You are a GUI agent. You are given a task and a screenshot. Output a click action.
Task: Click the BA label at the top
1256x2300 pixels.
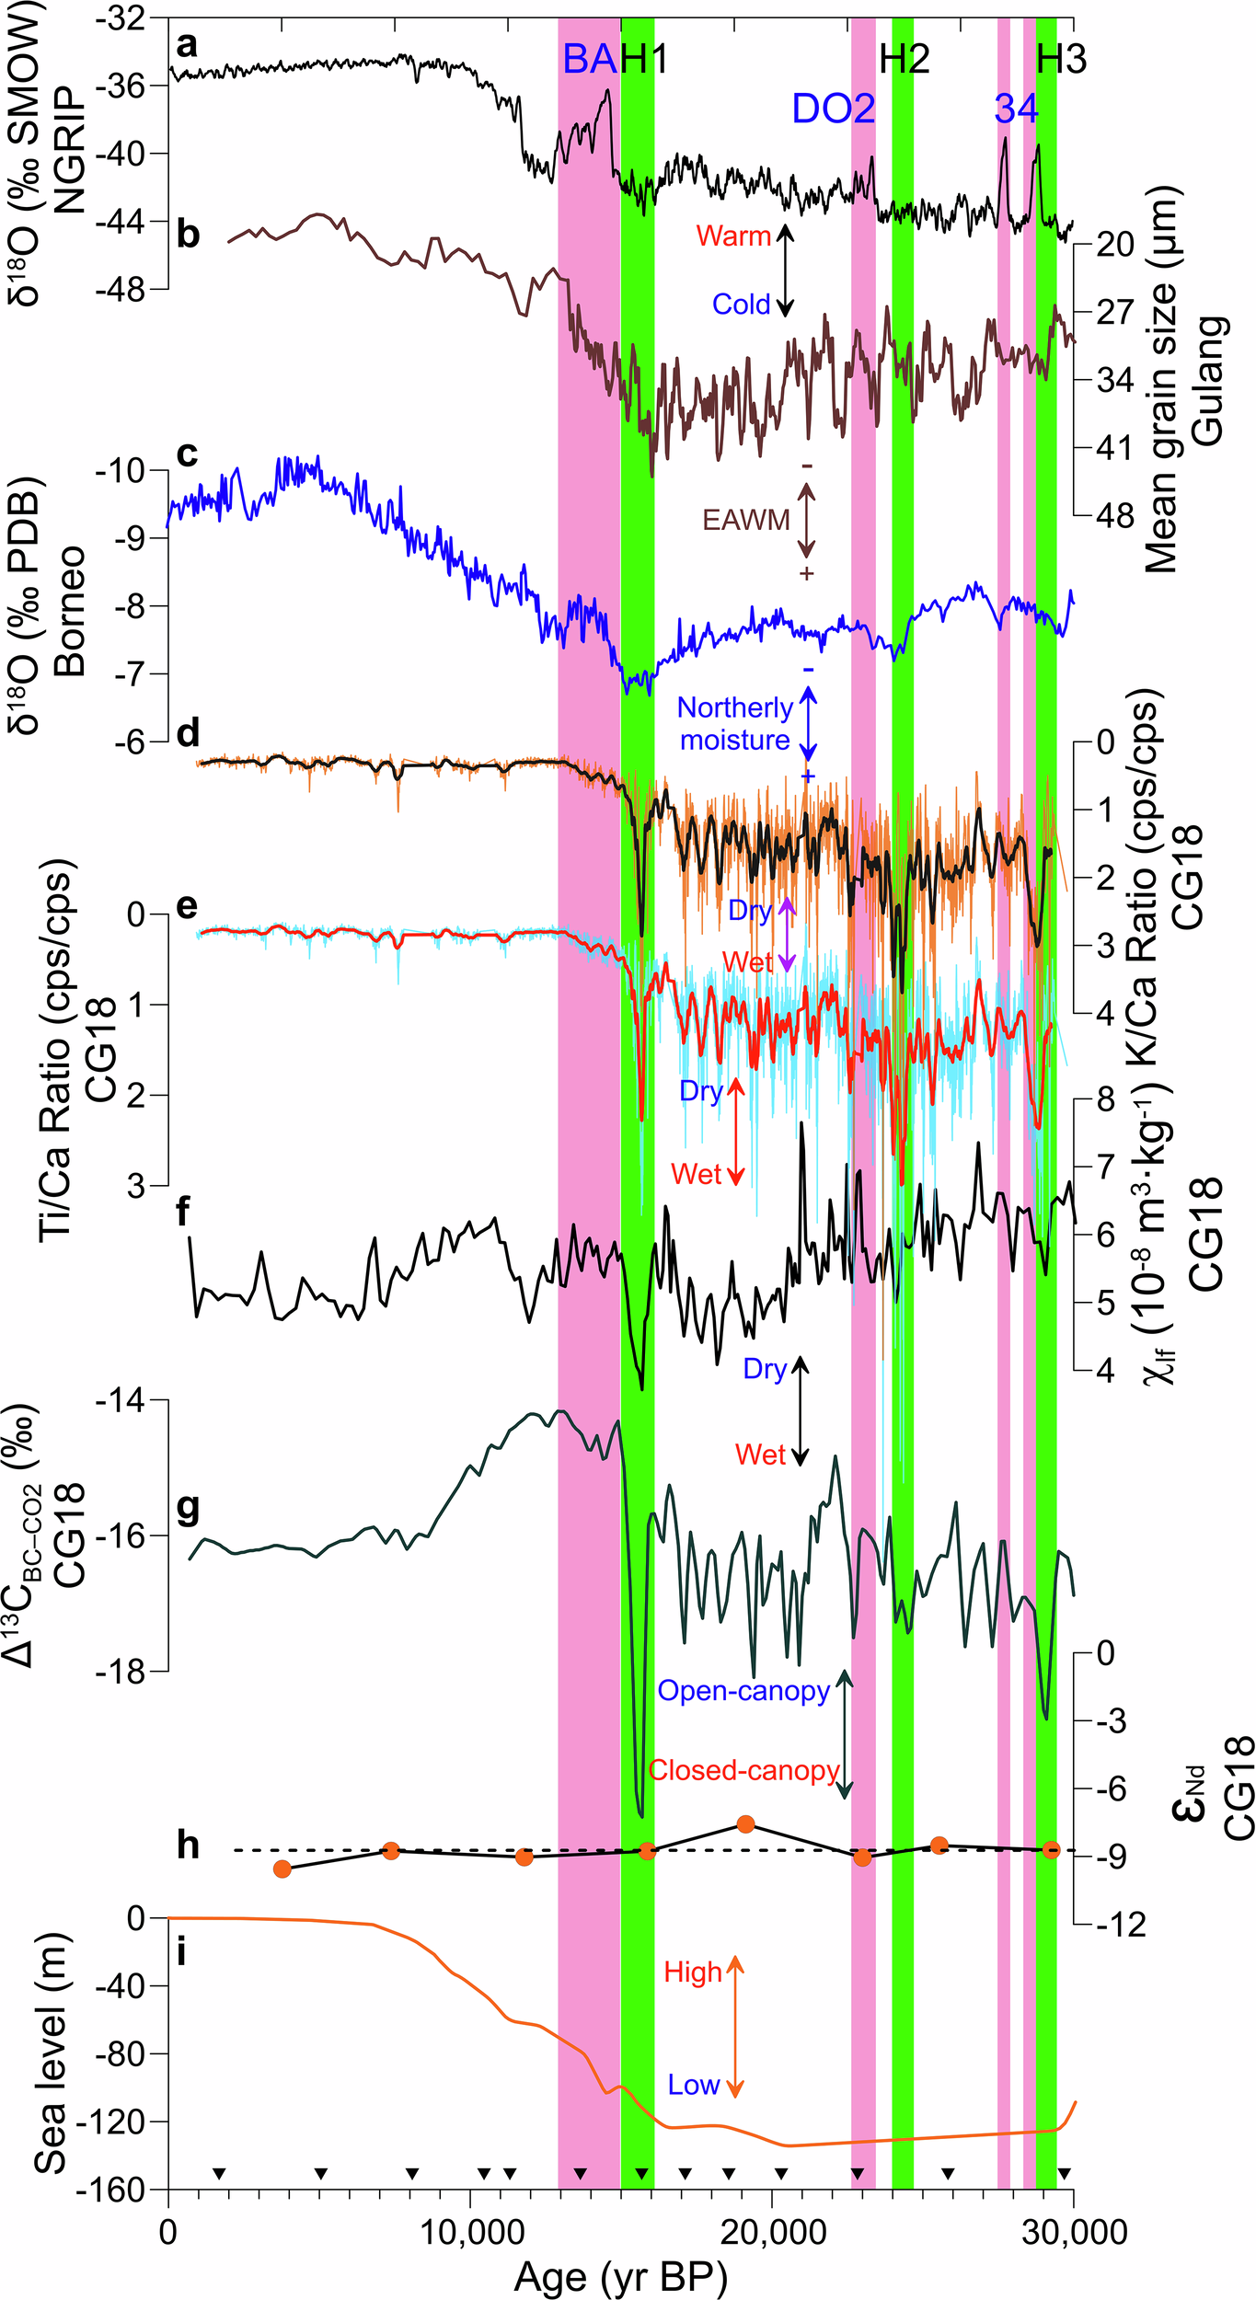coord(589,60)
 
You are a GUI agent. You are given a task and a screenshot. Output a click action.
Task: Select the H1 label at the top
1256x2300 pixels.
coord(644,60)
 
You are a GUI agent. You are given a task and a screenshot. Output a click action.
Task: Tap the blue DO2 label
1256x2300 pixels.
coord(833,109)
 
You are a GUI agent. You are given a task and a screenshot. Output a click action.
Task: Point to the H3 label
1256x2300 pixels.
coord(1062,60)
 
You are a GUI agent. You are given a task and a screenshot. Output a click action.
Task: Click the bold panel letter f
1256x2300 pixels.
coord(183,1212)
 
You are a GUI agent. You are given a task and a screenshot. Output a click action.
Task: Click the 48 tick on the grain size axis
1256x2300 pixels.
coord(1113,516)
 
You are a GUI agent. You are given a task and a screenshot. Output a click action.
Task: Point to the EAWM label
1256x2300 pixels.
coord(746,521)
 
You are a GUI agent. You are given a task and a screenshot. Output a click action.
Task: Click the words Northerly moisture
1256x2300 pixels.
coord(734,724)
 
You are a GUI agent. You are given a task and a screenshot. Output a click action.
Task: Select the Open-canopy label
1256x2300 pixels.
coord(743,1691)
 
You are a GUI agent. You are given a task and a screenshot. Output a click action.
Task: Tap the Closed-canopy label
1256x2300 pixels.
coord(743,1770)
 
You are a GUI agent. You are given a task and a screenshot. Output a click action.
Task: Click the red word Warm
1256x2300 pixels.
coord(733,236)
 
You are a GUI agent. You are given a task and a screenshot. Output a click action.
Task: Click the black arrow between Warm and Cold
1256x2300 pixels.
coord(785,270)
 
